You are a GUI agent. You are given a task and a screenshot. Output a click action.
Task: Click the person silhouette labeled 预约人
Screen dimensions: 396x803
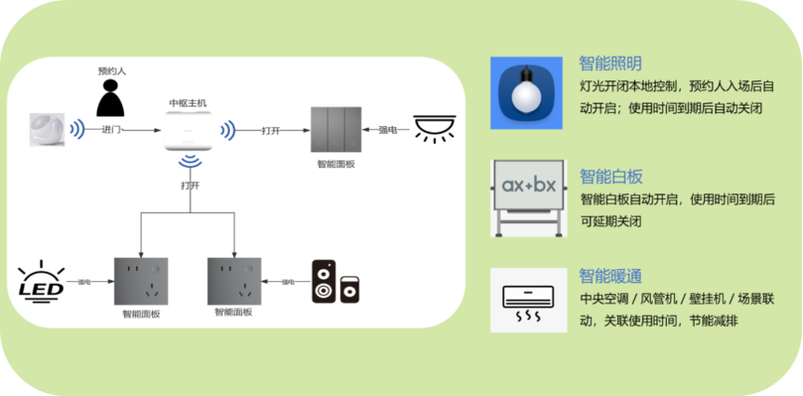[x=111, y=96]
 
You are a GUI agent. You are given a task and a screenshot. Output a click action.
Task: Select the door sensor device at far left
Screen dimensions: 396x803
[x=47, y=130]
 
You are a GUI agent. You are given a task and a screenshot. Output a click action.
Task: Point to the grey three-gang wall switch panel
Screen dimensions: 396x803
[x=335, y=131]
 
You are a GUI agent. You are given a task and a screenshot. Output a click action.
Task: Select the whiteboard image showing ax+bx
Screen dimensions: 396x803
[x=528, y=198]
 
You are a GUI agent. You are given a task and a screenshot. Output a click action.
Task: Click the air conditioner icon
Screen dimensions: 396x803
[x=528, y=301]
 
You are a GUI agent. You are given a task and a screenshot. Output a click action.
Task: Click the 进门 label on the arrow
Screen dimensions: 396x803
[x=111, y=130]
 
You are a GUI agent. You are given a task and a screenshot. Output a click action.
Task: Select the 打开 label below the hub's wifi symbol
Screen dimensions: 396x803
[x=190, y=185]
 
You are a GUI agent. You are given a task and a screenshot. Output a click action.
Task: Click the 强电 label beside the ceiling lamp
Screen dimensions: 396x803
[x=387, y=130]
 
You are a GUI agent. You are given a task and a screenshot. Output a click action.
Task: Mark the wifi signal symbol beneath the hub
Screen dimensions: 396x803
[x=190, y=164]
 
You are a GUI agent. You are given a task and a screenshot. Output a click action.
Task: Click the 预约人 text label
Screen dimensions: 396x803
[x=111, y=71]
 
